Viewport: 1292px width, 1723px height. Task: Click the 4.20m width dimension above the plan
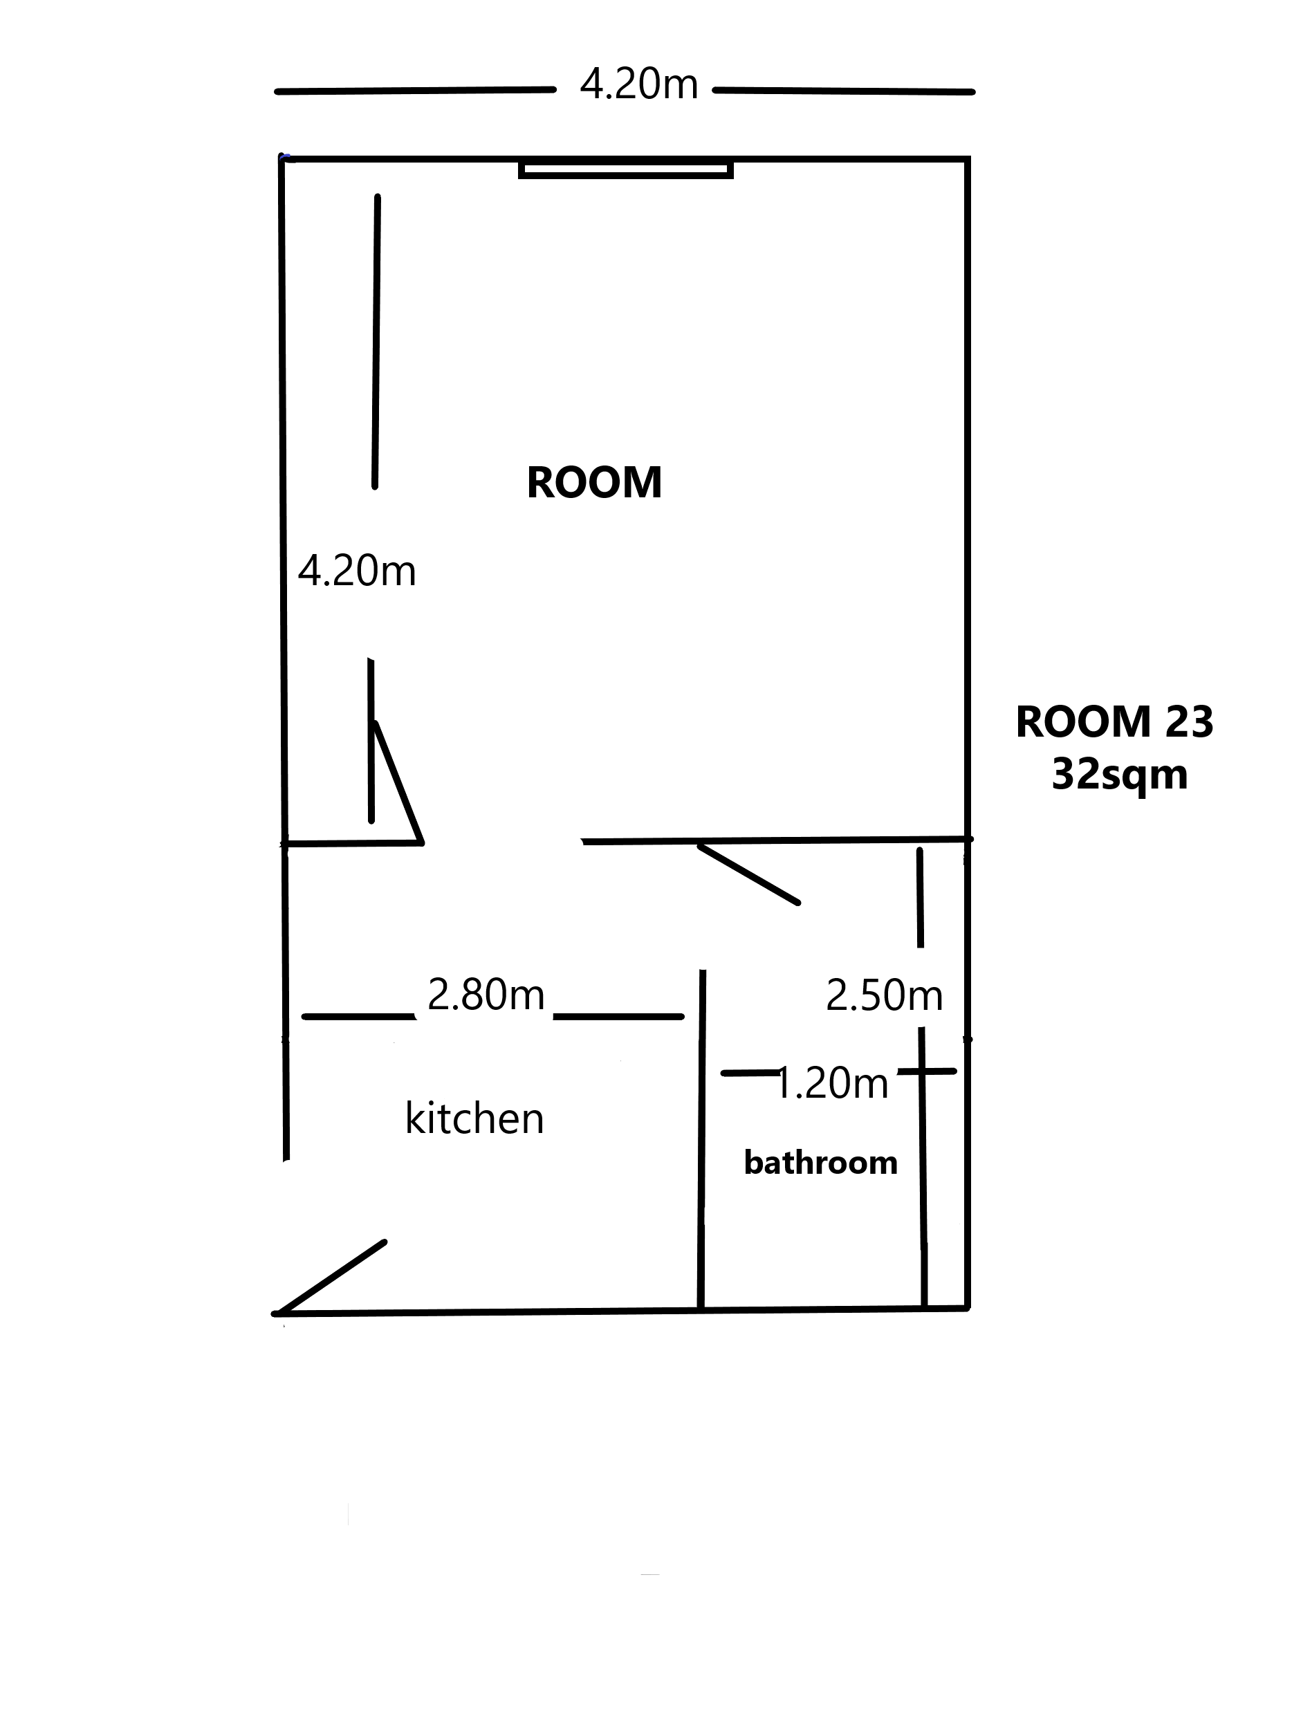click(x=638, y=84)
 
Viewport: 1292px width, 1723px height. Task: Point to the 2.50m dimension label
click(x=884, y=995)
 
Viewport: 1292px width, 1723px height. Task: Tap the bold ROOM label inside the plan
click(x=594, y=482)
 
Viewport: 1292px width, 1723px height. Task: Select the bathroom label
click(x=821, y=1162)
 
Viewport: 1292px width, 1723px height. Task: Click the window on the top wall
click(x=626, y=169)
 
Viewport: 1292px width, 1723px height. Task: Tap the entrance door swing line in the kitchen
click(x=329, y=1278)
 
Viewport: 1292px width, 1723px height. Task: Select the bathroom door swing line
click(x=748, y=875)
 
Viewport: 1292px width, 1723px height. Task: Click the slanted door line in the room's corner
click(x=399, y=782)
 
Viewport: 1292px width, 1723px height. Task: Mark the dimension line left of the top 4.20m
click(x=415, y=91)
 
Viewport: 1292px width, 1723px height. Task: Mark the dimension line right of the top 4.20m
click(x=843, y=91)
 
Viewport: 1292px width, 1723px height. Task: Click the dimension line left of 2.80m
click(x=358, y=1017)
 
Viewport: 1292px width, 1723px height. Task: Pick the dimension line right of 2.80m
click(x=618, y=1017)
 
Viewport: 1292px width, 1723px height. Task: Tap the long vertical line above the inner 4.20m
click(x=376, y=341)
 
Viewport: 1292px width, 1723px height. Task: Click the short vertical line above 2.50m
click(x=920, y=897)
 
